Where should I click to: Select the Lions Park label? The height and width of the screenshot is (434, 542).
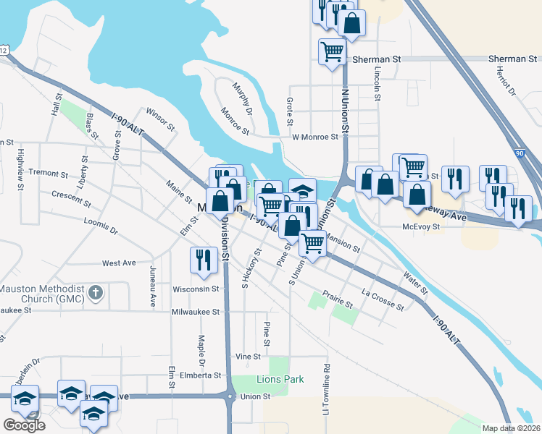click(x=280, y=380)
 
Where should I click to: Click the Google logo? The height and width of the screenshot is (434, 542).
click(x=24, y=425)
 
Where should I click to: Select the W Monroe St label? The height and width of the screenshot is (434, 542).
click(x=314, y=137)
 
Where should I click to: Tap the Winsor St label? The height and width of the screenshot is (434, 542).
click(x=161, y=119)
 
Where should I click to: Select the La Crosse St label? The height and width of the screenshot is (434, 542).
click(x=382, y=300)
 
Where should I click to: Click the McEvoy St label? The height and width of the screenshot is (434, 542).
click(x=422, y=227)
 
